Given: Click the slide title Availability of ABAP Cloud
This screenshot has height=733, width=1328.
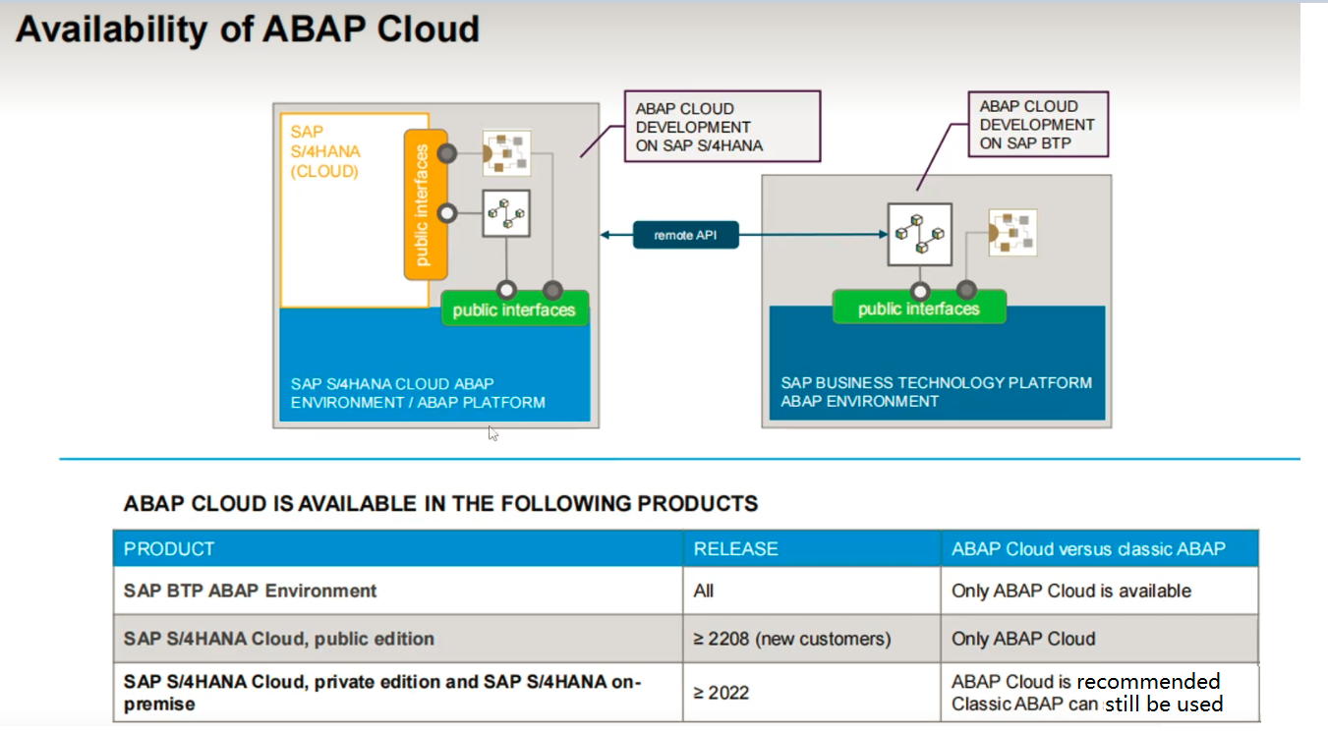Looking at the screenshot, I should [248, 29].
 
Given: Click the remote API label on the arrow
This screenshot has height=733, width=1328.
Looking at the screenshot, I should [685, 235].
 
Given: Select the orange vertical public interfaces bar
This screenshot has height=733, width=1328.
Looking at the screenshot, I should [426, 204].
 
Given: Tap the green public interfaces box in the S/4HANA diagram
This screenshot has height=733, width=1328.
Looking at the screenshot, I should [513, 310].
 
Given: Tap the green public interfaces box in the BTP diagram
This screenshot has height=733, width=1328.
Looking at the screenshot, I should [918, 309].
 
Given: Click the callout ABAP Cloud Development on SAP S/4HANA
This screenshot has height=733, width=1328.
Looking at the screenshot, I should [721, 127].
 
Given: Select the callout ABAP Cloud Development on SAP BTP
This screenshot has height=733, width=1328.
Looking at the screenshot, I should [1037, 125].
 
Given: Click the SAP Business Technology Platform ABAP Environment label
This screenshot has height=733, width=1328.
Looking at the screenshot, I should [936, 391].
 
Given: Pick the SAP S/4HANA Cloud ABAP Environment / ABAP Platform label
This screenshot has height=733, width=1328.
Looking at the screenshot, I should [418, 393].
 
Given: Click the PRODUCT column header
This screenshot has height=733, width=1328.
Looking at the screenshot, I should [169, 548].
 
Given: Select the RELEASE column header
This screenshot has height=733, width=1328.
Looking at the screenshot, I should [735, 548].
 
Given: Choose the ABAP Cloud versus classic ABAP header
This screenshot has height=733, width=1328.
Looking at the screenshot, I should [1087, 548].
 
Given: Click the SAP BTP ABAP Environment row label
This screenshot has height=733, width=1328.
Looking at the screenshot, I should [251, 591].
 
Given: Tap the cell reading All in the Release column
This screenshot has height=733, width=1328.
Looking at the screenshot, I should [704, 591].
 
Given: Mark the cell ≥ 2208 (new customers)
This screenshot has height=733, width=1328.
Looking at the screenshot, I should [791, 639].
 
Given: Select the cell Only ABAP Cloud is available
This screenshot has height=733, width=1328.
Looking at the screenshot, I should [1070, 591].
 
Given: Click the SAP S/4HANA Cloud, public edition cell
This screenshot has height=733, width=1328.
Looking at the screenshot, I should [278, 639].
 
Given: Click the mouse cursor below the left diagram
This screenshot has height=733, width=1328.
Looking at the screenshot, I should [492, 432].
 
